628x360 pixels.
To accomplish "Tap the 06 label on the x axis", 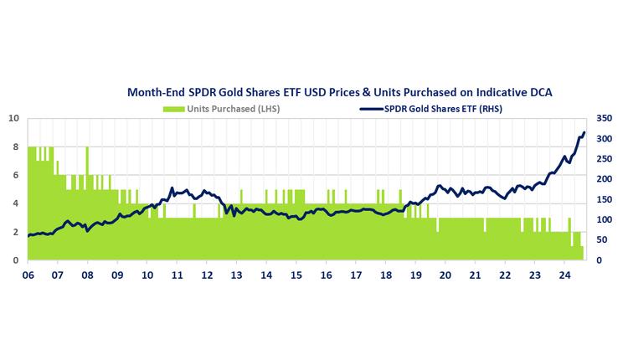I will [28, 274].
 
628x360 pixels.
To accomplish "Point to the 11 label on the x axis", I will [178, 274].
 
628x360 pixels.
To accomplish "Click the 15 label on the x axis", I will [296, 274].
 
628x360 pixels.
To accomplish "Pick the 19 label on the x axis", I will [415, 274].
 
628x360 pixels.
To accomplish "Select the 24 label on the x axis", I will [564, 274].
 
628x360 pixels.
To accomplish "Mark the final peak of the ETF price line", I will [584, 131].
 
